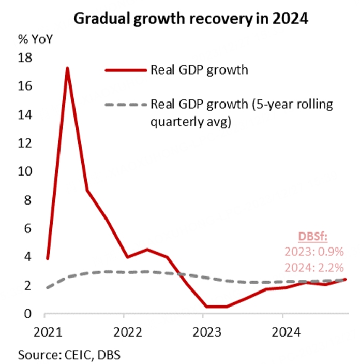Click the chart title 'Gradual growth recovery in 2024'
[191, 19]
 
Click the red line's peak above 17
[67, 68]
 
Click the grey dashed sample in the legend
[125, 105]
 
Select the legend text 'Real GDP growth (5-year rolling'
[242, 104]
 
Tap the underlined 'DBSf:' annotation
[313, 237]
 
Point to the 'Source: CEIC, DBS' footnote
[70, 355]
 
